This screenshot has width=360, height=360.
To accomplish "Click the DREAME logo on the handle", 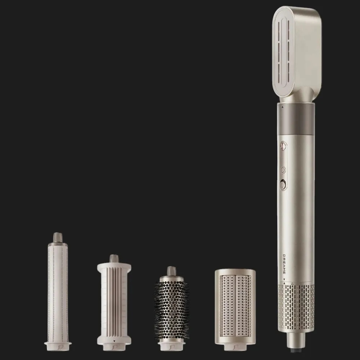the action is click(x=284, y=264).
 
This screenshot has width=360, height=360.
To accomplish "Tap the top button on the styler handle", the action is click(x=283, y=146).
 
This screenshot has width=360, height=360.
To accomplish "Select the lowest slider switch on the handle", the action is click(x=283, y=185).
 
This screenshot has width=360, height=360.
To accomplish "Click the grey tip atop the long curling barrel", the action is click(x=58, y=238).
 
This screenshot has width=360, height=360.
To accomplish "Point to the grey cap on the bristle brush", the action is click(x=171, y=270).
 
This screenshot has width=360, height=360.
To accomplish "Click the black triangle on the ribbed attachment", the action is click(x=114, y=341).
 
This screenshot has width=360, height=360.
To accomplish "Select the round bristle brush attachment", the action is click(x=171, y=309).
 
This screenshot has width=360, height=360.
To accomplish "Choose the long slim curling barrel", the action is click(x=58, y=292).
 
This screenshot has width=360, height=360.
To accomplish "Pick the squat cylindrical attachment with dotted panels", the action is click(x=235, y=307).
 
